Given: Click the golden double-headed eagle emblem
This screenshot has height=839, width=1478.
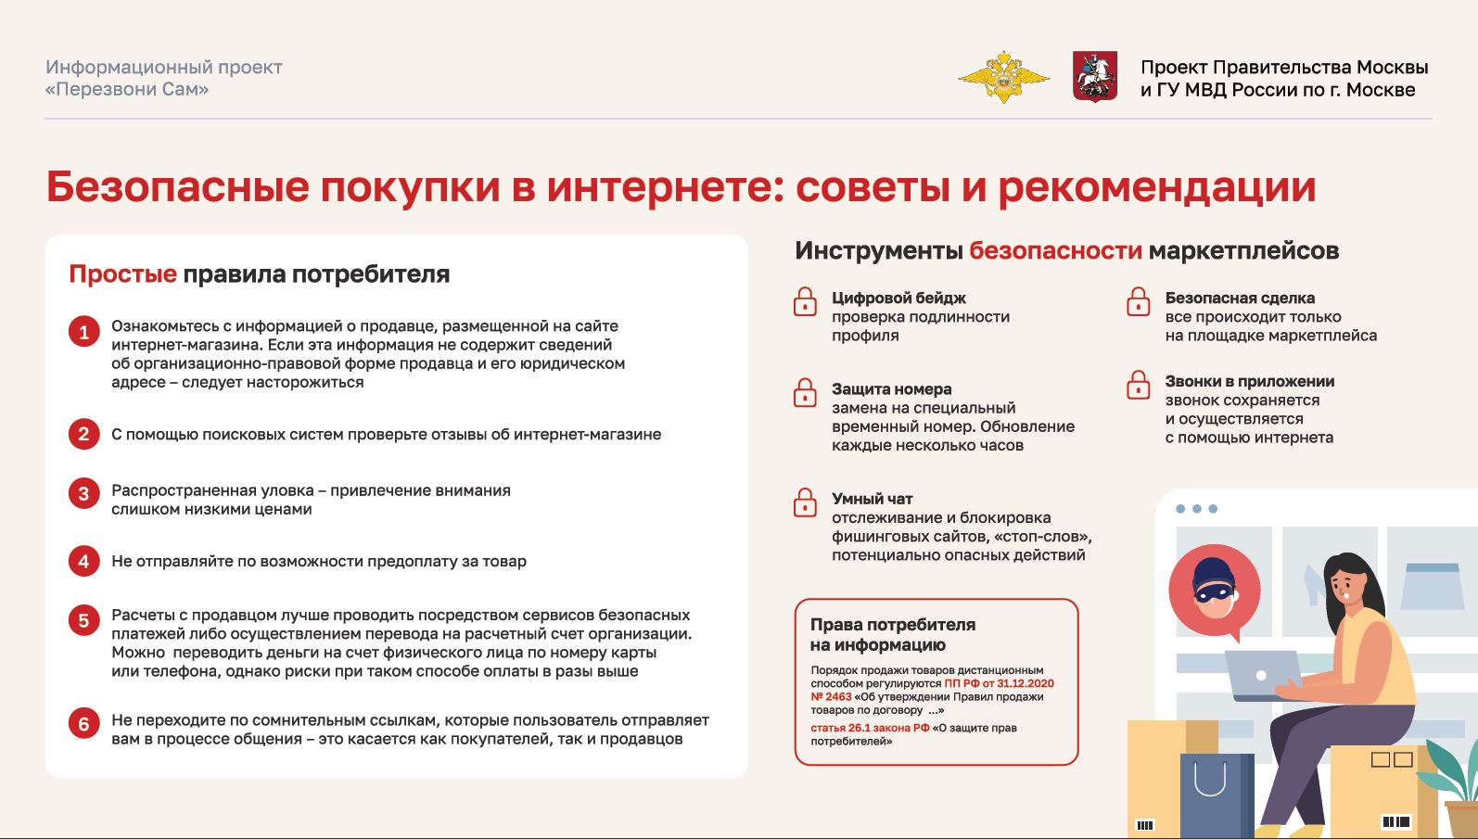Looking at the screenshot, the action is [x=1003, y=77].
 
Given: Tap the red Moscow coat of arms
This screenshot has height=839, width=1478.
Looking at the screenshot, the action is [x=1095, y=76].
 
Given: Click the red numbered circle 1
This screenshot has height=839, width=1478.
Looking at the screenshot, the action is [x=83, y=332].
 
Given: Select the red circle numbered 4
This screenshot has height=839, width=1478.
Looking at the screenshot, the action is [x=83, y=561].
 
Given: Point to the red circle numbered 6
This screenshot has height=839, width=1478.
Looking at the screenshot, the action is [x=83, y=723].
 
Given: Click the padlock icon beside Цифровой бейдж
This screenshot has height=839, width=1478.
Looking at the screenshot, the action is [x=805, y=302].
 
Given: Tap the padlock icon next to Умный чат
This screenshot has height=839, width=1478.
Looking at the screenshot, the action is [x=805, y=502].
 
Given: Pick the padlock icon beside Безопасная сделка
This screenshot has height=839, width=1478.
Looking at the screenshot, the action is [x=1139, y=302].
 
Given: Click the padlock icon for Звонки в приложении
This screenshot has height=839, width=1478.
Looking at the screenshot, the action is [x=1139, y=386].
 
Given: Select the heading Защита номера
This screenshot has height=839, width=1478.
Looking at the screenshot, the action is [x=891, y=389].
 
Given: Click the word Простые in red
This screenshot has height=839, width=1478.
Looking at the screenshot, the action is [x=122, y=273].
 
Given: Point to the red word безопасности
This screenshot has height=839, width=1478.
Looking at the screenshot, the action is [x=1055, y=250].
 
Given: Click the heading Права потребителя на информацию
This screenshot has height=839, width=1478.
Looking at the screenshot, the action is [x=893, y=634].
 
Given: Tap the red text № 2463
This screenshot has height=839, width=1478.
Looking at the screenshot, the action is [x=832, y=696].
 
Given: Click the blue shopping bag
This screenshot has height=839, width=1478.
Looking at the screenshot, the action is [x=1217, y=795].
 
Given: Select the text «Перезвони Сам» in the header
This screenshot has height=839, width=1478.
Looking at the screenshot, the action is [x=127, y=89].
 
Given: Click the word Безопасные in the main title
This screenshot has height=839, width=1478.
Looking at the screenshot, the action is [x=177, y=186].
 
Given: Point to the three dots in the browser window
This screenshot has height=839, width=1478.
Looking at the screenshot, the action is [x=1196, y=509].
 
